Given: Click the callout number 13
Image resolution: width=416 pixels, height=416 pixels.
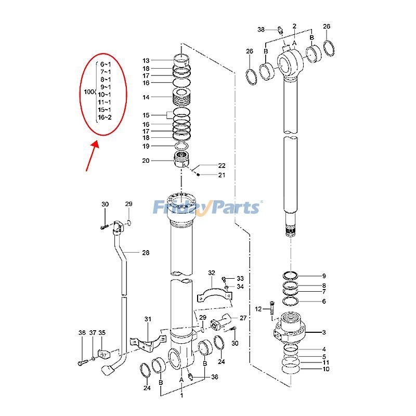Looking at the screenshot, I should [146, 60].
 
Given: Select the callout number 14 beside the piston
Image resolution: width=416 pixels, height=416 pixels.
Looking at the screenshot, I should [146, 97].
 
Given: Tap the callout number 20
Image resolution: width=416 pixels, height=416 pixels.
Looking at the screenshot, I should [146, 161].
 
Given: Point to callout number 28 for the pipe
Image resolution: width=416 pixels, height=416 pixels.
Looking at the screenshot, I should [146, 253].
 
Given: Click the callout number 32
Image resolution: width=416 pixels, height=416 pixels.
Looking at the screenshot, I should [211, 273].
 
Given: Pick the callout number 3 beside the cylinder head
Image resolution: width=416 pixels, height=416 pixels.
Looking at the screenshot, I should [324, 332].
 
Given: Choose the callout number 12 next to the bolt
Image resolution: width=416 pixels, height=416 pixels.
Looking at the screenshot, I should [258, 309].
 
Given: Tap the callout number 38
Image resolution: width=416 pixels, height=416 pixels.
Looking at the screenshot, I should [261, 30].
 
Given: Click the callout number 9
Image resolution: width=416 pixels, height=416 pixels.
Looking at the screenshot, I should [323, 276].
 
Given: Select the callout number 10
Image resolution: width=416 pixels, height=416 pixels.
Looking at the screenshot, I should [326, 369].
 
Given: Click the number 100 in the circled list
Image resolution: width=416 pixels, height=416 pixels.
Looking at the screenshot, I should [89, 92].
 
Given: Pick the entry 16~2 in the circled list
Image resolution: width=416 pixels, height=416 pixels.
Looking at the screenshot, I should [105, 118].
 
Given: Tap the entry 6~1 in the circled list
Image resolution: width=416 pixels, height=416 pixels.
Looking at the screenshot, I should [106, 63].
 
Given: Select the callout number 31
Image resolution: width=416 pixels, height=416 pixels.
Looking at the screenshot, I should [148, 319].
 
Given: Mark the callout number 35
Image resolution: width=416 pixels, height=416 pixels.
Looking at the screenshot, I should [102, 333].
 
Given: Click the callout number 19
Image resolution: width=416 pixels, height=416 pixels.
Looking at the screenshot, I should [146, 146].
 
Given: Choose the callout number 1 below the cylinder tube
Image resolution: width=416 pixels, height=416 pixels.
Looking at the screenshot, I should [181, 396].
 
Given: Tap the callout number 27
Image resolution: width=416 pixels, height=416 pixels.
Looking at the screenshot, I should [243, 317].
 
